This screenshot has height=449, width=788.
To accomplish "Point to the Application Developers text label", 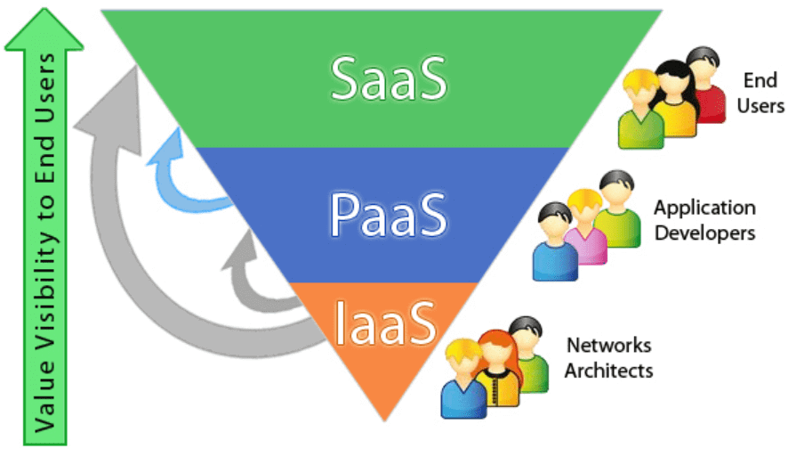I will pyautogui.click(x=704, y=220).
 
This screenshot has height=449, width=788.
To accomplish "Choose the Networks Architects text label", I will pyautogui.click(x=608, y=356).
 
